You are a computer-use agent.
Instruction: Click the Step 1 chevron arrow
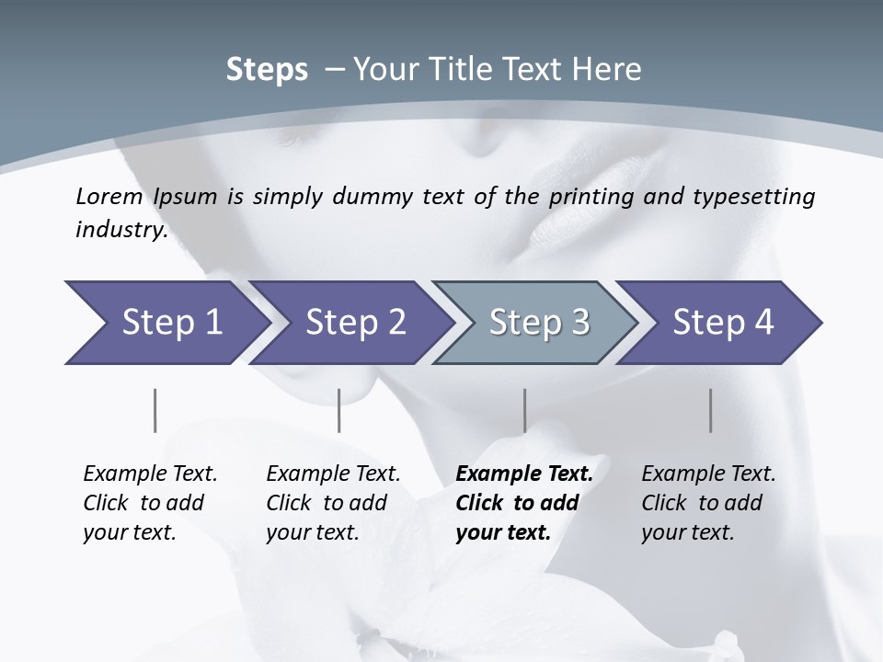(170, 323)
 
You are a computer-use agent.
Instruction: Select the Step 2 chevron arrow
(354, 323)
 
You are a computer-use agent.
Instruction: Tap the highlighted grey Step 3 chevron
(538, 323)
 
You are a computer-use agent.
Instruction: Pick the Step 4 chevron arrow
(722, 323)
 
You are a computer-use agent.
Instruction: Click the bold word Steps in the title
(267, 70)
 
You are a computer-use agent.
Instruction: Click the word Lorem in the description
(109, 197)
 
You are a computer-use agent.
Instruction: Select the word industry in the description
(120, 230)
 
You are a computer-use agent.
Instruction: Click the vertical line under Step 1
(155, 410)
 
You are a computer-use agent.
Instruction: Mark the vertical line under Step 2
(339, 410)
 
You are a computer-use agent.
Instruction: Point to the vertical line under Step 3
(524, 410)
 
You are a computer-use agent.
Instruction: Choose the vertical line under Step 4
(710, 410)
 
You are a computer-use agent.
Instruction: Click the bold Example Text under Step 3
(524, 474)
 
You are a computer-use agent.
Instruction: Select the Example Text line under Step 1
(150, 474)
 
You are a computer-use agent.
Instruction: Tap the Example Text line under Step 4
(708, 474)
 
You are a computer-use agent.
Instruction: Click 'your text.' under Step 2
(312, 532)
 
